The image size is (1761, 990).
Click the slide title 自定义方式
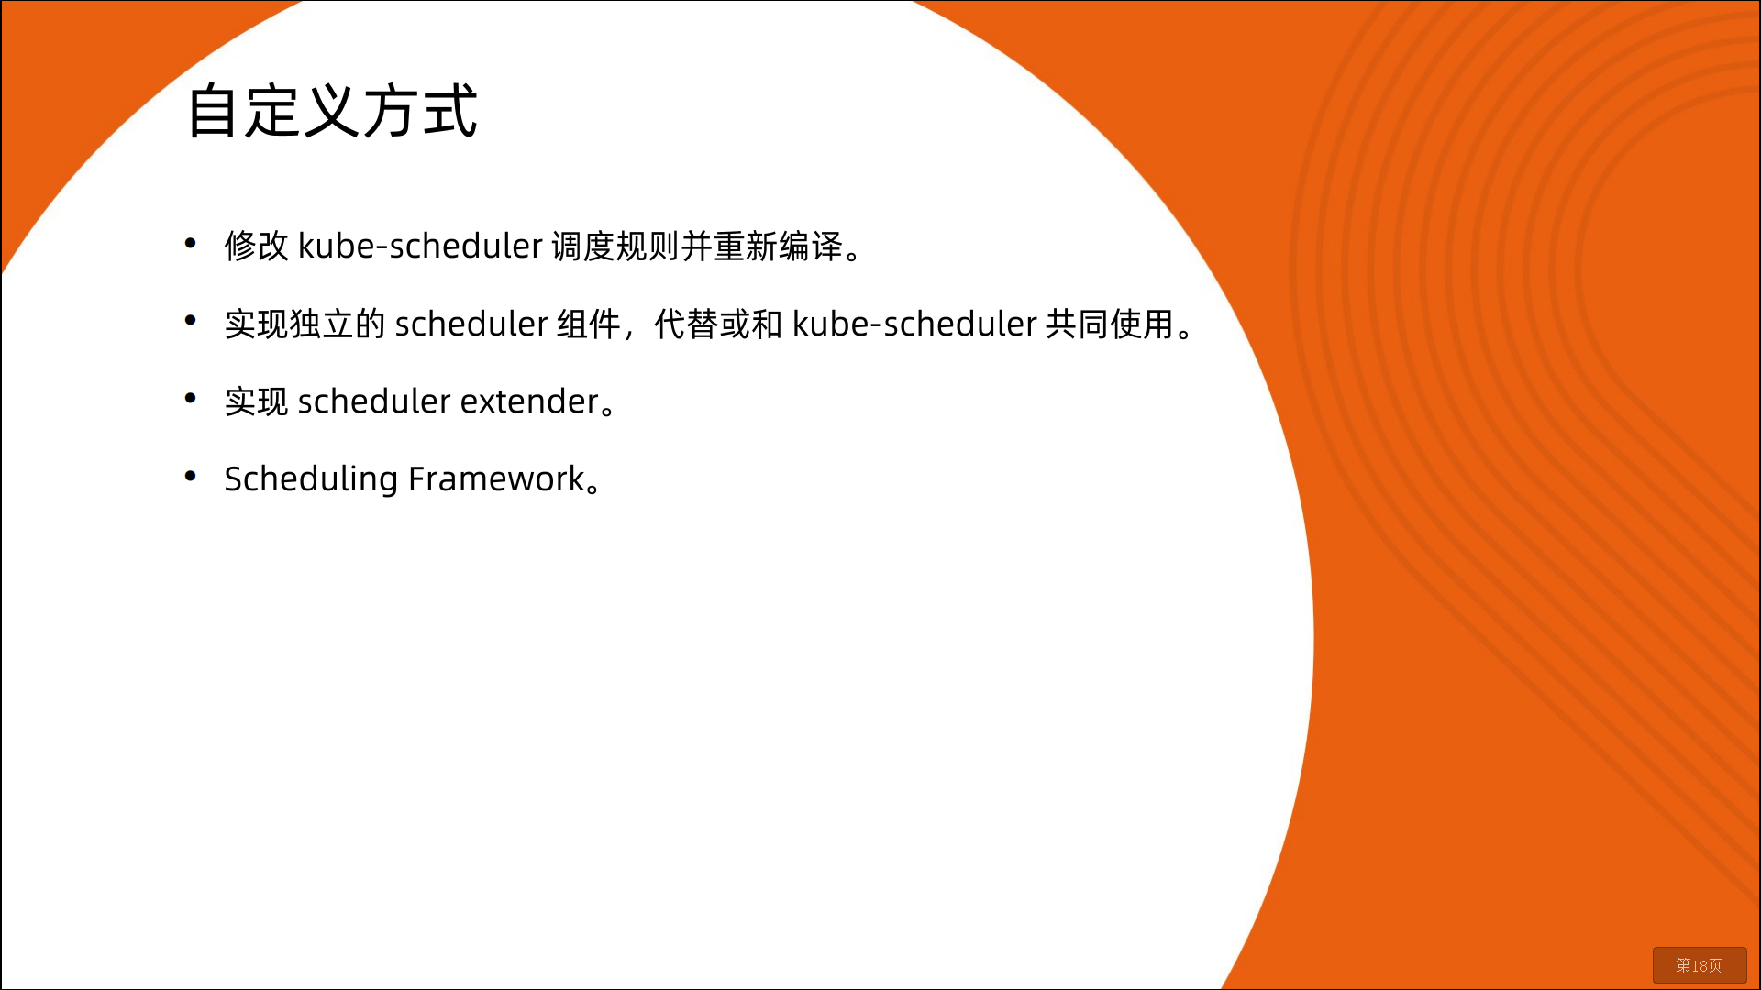click(332, 111)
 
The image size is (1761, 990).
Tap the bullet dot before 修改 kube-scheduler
click(191, 243)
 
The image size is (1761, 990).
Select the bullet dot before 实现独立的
click(191, 320)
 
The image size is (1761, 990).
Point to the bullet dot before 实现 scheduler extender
click(191, 398)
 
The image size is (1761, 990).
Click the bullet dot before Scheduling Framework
click(191, 476)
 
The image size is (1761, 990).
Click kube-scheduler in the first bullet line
click(420, 246)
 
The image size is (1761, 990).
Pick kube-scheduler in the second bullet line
click(914, 324)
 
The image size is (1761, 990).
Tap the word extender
click(529, 401)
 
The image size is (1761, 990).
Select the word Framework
click(496, 478)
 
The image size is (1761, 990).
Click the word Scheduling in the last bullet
click(311, 479)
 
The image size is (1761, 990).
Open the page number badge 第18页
click(1700, 965)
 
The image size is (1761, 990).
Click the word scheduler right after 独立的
click(471, 324)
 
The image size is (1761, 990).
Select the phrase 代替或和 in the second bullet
click(719, 324)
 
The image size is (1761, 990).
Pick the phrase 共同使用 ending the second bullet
click(1110, 324)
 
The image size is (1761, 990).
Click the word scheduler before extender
click(374, 401)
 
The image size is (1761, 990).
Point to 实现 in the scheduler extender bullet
click(257, 401)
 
